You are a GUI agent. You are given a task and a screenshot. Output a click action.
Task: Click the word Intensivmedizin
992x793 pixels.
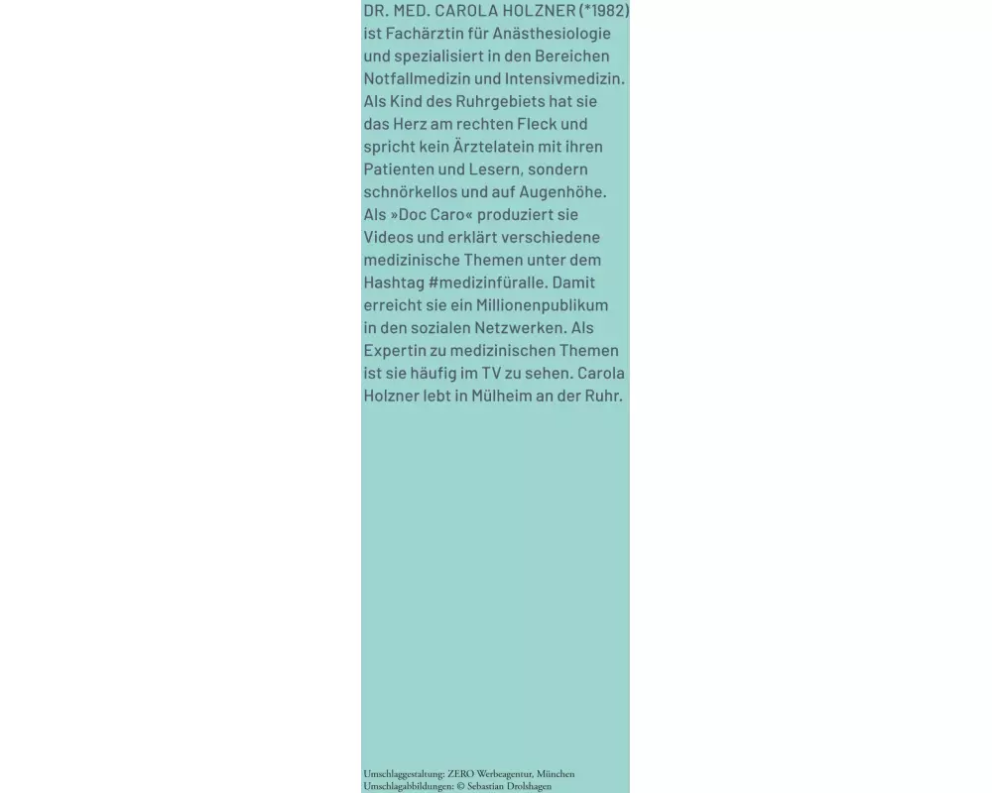click(568, 78)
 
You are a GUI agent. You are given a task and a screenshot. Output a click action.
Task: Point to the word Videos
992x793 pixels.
click(390, 237)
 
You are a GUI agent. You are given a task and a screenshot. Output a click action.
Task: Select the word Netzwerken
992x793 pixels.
click(525, 328)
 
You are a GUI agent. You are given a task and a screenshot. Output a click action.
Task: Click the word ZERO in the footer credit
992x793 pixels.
click(461, 774)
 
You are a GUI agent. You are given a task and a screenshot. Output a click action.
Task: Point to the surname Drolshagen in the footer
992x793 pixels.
click(526, 786)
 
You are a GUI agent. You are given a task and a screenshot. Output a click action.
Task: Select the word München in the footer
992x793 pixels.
click(557, 774)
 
